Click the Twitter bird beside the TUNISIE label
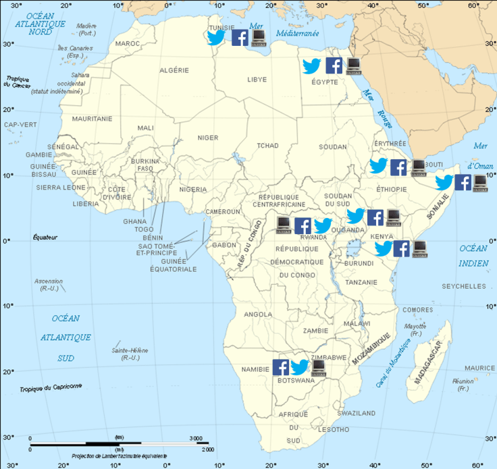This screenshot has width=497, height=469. point(216,38)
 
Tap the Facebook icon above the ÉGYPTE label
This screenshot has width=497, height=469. point(334,65)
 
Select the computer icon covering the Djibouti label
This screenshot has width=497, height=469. point(419,166)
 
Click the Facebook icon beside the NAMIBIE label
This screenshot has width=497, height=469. point(281,367)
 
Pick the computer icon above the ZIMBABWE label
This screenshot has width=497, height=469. point(318,367)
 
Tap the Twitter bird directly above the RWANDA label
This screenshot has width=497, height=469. point(323,225)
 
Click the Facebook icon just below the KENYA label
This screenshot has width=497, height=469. point(402,249)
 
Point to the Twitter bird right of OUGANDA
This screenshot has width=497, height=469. point(356,216)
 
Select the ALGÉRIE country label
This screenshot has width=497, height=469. point(174,70)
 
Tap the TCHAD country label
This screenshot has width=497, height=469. point(268,146)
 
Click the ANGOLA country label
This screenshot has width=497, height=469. point(257,314)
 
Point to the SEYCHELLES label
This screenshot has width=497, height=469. point(463,286)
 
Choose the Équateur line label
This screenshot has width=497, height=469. point(46,238)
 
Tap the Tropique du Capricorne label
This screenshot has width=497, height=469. point(51,386)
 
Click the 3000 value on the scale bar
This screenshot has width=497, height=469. point(196,439)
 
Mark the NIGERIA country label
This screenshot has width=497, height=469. point(193,190)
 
